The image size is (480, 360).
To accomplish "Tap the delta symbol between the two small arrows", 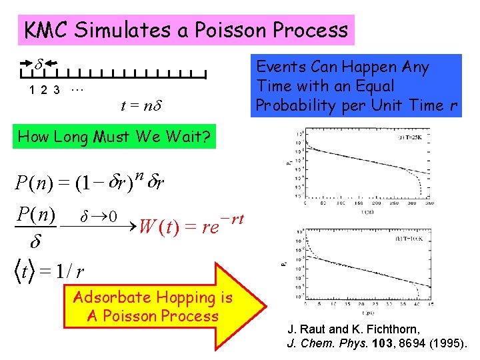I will coord(39,65).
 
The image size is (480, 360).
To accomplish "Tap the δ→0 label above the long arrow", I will coord(99,217).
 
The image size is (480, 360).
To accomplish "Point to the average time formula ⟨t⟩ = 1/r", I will coord(50,271).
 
